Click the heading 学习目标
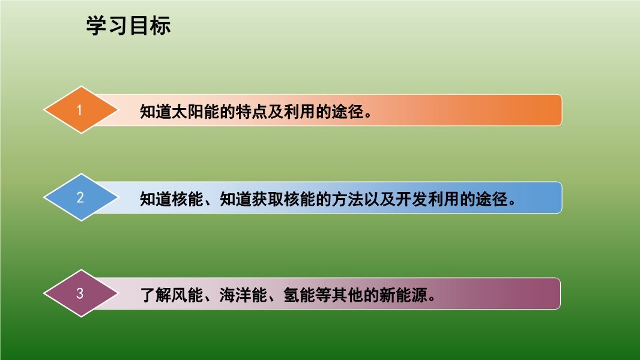click(x=128, y=26)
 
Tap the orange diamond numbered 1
click(x=81, y=110)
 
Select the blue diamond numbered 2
click(x=81, y=197)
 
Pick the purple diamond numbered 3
click(x=81, y=293)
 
